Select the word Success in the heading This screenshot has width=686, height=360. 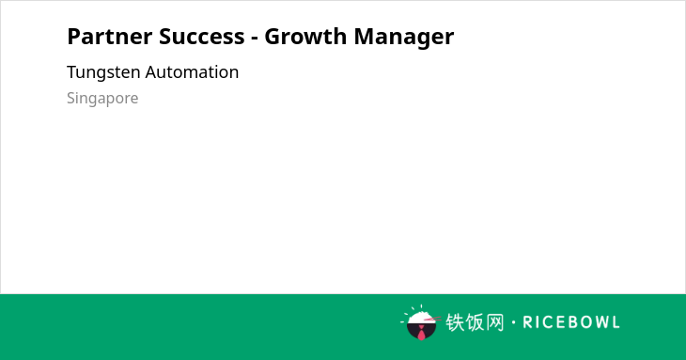pyautogui.click(x=202, y=37)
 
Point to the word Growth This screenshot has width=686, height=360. pyautogui.click(x=305, y=37)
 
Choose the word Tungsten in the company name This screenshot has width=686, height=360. pyautogui.click(x=103, y=73)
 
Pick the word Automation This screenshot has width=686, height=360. pyautogui.click(x=192, y=72)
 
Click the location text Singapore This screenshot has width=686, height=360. pyautogui.click(x=102, y=99)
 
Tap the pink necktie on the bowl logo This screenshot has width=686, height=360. pyautogui.click(x=421, y=333)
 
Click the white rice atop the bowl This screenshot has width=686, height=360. pyautogui.click(x=420, y=318)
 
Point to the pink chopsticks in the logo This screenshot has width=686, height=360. pyautogui.click(x=432, y=319)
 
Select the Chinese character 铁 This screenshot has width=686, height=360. pyautogui.click(x=455, y=322)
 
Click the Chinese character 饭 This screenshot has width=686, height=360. pyautogui.click(x=475, y=322)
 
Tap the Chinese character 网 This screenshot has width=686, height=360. pyautogui.click(x=495, y=322)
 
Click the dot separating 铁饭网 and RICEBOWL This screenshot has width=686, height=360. pyautogui.click(x=514, y=322)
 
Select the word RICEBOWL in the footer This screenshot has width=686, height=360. pyautogui.click(x=571, y=322)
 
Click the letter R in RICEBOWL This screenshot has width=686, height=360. pyautogui.click(x=527, y=322)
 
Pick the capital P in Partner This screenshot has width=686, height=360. pyautogui.click(x=73, y=37)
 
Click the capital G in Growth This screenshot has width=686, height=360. pyautogui.click(x=273, y=37)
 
